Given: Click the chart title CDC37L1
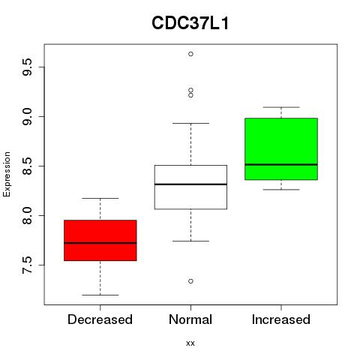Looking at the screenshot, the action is (x=190, y=23).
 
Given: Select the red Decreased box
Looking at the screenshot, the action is (x=100, y=240).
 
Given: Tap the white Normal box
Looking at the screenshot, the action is (x=190, y=187).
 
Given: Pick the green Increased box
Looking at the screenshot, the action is (x=281, y=148).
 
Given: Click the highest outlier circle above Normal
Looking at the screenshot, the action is (x=190, y=54).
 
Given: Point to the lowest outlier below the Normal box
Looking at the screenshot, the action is (x=190, y=281).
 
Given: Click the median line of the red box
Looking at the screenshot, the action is (x=100, y=243).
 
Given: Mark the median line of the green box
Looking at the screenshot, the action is (x=281, y=164).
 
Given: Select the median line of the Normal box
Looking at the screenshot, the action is (x=190, y=184).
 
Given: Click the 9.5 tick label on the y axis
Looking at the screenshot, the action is (x=27, y=67).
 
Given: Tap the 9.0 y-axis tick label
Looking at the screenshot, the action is (x=27, y=116).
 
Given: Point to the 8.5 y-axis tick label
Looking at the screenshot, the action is (x=27, y=166).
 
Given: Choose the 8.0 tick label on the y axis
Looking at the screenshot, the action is (x=27, y=215).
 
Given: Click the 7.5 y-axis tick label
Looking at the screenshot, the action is (x=27, y=265).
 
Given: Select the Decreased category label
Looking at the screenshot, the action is (x=100, y=319).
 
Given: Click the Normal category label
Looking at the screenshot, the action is (x=190, y=319).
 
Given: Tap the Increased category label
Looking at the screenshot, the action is (x=281, y=319).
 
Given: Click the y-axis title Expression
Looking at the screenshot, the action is (x=7, y=174).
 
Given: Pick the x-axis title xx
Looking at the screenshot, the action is (x=190, y=343).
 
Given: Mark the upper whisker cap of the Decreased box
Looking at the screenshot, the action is (x=100, y=198).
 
